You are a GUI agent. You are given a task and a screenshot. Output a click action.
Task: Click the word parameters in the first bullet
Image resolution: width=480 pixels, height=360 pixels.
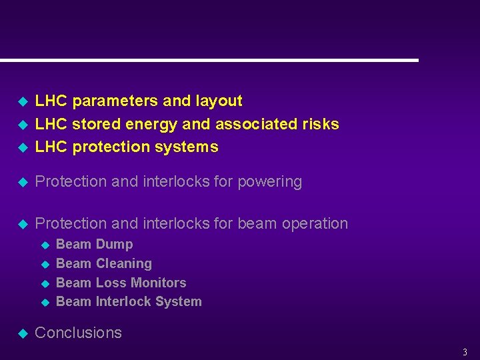[x=115, y=101]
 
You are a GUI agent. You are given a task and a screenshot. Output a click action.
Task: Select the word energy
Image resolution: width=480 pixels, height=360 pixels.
[x=151, y=124]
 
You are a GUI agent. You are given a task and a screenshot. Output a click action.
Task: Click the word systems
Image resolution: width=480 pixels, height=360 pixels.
[x=187, y=147]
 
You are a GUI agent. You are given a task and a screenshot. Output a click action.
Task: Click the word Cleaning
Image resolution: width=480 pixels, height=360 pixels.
[x=123, y=264]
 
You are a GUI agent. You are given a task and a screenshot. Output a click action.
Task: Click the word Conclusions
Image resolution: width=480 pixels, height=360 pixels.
[x=78, y=333]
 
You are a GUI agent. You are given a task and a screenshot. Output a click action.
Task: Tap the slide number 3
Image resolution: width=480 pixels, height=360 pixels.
[x=465, y=352]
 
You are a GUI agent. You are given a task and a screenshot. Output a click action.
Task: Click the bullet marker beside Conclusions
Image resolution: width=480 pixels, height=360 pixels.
[x=21, y=333]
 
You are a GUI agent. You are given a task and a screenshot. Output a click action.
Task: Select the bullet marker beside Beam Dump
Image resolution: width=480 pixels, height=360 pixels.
[x=45, y=245]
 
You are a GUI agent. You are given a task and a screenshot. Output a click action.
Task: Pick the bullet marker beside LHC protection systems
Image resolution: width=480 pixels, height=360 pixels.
[x=21, y=147]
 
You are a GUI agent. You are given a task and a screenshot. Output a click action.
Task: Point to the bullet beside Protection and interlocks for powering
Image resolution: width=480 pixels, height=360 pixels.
[x=21, y=182]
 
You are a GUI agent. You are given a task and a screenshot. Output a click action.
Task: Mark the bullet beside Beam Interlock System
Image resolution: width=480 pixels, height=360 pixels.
[x=45, y=303]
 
